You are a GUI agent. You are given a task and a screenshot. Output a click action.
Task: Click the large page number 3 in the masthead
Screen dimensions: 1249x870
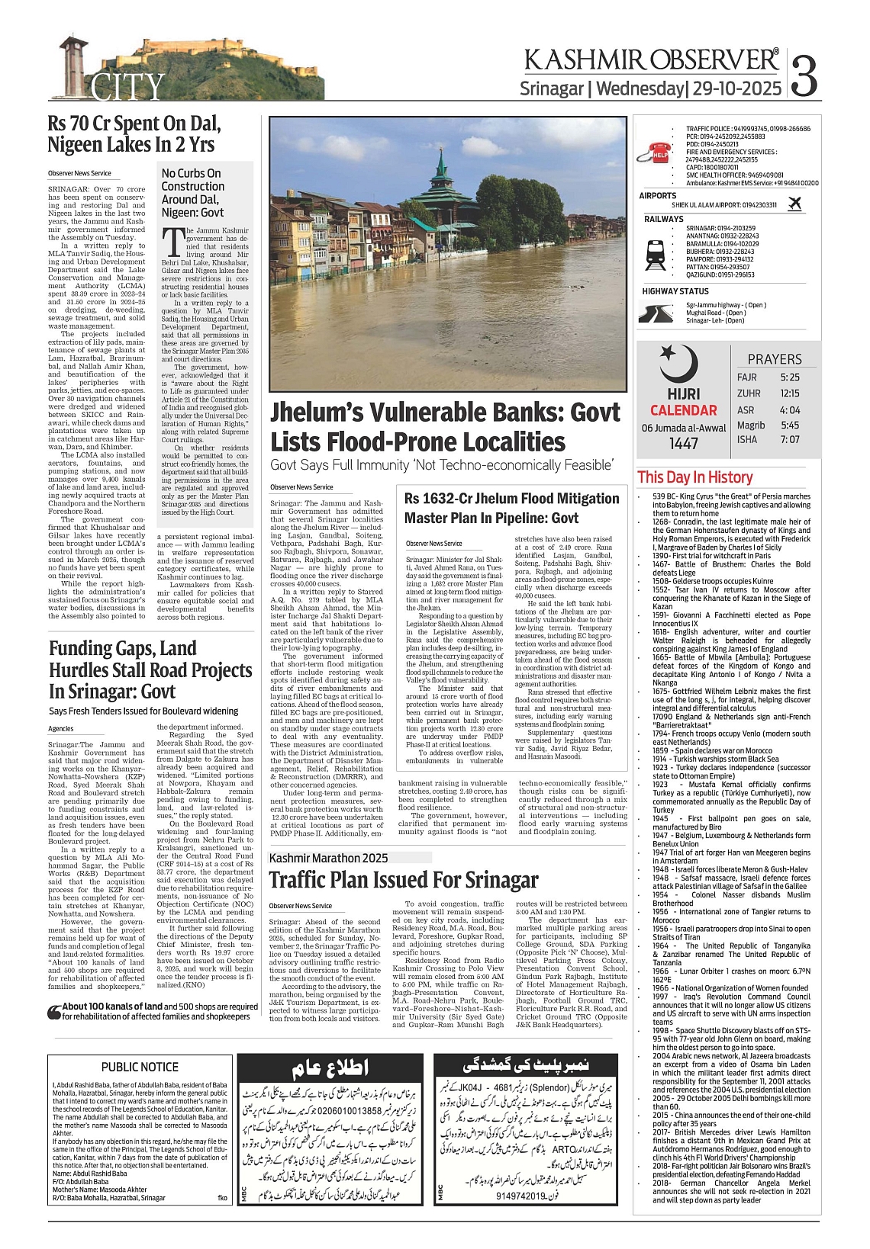(x=804, y=75)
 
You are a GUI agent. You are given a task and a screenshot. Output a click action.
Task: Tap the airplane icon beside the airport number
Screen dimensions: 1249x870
(x=794, y=204)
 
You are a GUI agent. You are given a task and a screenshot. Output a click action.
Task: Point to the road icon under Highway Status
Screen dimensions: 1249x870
(x=656, y=313)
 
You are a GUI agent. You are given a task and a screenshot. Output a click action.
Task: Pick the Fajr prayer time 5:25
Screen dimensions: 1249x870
(x=790, y=377)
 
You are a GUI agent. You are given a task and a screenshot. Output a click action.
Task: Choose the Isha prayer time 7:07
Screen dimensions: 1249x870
(x=790, y=439)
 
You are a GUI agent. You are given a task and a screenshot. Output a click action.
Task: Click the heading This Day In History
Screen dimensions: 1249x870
(x=694, y=477)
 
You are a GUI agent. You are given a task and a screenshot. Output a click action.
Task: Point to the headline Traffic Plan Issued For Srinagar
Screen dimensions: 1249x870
(x=404, y=880)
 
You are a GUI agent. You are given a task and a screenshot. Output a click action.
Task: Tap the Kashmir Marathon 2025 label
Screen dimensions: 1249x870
(x=329, y=858)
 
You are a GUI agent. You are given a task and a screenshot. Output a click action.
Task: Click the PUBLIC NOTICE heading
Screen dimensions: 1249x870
(x=140, y=1067)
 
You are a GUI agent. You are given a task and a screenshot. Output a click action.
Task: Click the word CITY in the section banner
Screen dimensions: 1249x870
(x=128, y=87)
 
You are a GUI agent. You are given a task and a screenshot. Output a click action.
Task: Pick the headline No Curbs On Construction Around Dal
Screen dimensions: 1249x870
(x=193, y=192)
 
